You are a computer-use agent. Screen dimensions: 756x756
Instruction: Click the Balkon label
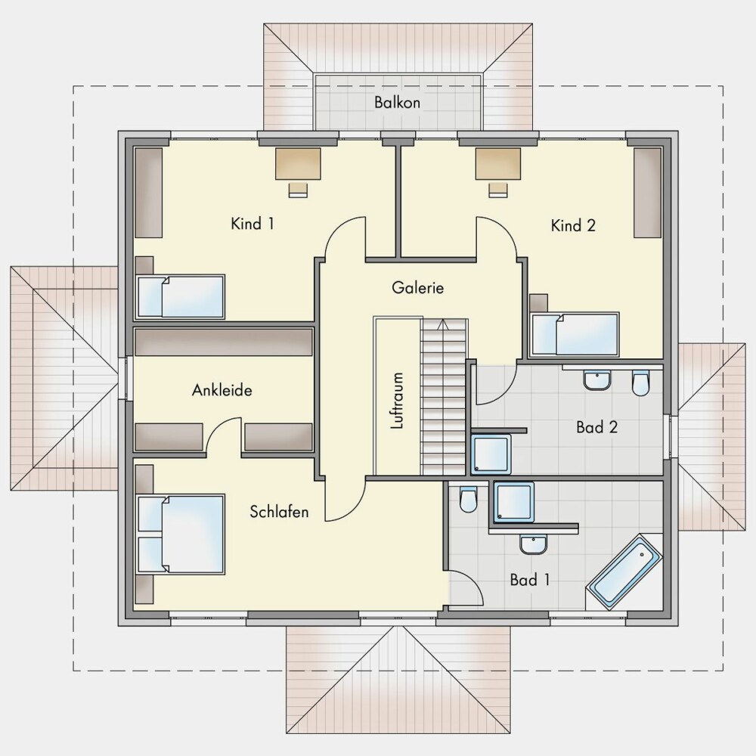[398, 102]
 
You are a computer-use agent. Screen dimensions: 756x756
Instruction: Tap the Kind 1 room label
[253, 224]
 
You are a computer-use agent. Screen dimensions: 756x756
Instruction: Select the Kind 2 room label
[573, 225]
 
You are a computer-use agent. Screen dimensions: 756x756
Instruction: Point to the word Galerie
[417, 288]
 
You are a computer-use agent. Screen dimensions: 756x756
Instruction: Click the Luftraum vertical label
[398, 401]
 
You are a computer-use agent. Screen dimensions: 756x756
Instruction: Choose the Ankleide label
[222, 390]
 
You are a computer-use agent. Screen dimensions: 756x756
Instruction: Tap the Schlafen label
[279, 512]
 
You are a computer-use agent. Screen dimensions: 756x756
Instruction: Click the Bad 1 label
[530, 580]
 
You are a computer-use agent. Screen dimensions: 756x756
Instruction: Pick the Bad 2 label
[597, 427]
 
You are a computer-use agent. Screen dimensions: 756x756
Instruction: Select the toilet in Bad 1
[468, 499]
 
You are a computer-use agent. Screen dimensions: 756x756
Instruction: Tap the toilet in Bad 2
[641, 383]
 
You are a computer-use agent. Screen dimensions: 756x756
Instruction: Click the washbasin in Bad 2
[597, 380]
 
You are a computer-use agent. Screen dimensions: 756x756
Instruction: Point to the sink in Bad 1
[533, 544]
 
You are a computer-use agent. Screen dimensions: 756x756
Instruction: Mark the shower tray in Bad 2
[491, 454]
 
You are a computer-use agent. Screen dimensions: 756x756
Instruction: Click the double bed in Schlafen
[181, 534]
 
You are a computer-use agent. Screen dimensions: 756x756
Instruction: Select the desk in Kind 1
[298, 164]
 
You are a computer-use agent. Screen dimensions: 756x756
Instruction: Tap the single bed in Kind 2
[575, 334]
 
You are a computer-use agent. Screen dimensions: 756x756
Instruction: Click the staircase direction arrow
[442, 324]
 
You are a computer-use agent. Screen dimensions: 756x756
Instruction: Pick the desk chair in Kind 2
[498, 190]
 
